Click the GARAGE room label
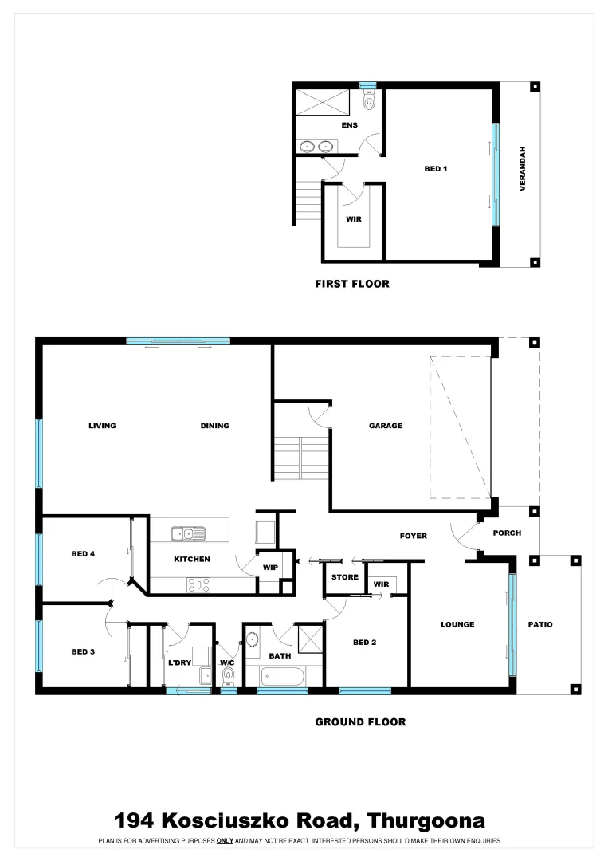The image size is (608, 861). click(x=385, y=426)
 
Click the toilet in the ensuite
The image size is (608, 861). click(x=369, y=101)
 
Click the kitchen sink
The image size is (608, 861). click(x=188, y=533)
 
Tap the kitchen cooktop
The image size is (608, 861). click(x=198, y=584)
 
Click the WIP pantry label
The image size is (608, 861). click(x=270, y=568)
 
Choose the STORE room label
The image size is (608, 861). click(x=345, y=577)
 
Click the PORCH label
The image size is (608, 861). click(x=508, y=533)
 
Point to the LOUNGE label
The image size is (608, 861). click(x=457, y=624)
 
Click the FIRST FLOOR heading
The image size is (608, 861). click(x=352, y=284)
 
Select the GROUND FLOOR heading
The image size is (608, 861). click(x=360, y=722)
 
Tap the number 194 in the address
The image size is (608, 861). click(x=135, y=820)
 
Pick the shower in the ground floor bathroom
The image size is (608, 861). click(x=309, y=638)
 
